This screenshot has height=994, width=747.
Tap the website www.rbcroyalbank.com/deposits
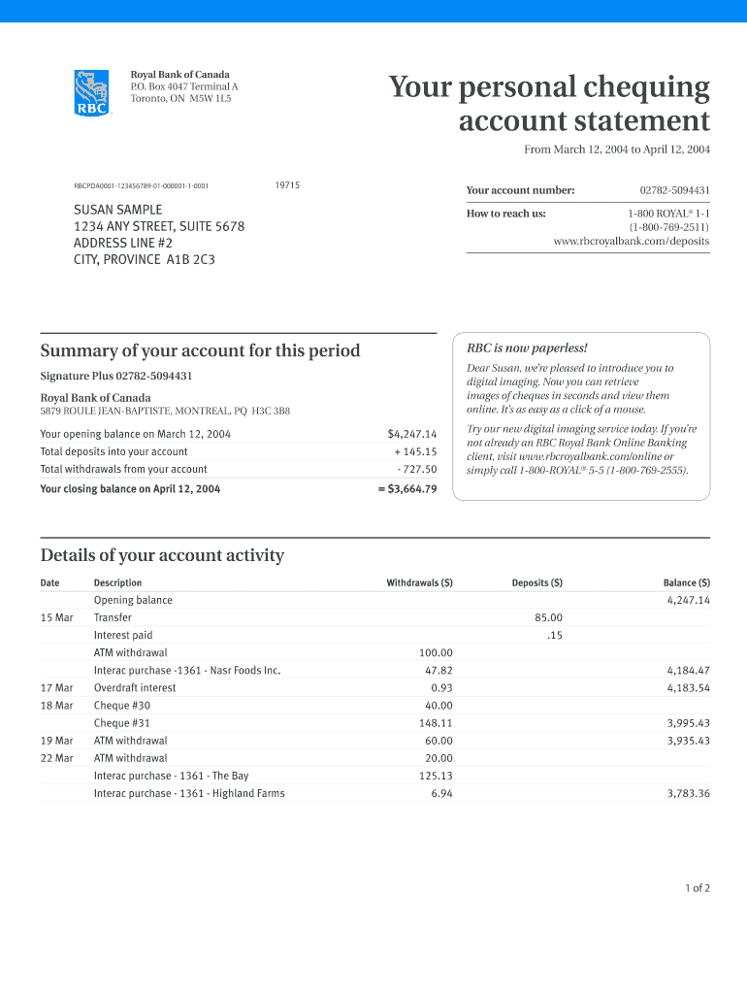click(631, 241)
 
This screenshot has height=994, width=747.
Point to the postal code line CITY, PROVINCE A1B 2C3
click(145, 259)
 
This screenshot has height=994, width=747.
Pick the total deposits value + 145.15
click(415, 451)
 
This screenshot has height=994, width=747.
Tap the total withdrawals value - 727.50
click(417, 469)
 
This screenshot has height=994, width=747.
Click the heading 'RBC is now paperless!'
click(528, 348)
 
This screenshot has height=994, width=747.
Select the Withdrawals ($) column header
click(419, 582)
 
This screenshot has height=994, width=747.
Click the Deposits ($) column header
click(536, 582)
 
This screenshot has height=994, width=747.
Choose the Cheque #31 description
click(122, 723)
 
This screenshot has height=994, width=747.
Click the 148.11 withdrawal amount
click(436, 723)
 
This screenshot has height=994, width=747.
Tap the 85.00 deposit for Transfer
click(548, 617)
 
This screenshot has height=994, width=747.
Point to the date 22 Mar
click(56, 758)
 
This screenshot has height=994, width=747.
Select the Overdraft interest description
click(135, 687)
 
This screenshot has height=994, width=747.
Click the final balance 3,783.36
click(688, 793)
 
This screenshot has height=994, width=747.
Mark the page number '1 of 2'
click(697, 888)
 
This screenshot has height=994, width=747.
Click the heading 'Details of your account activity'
click(162, 555)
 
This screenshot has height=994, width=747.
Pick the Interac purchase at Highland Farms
click(189, 793)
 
